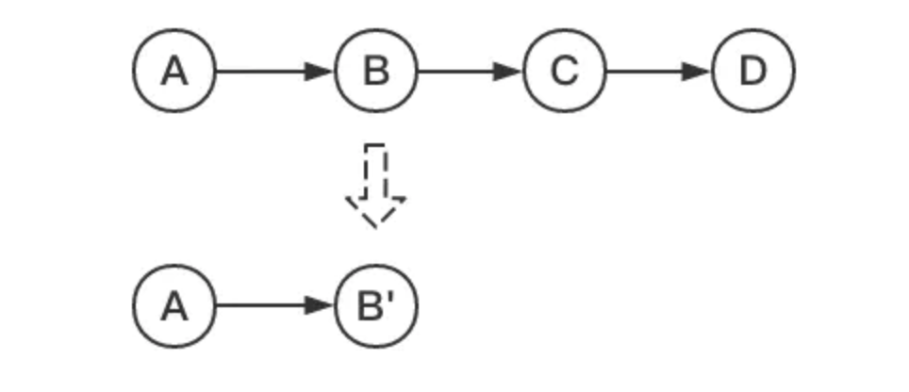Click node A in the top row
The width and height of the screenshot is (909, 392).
[x=174, y=71]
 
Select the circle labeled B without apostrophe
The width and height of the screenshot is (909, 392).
[x=376, y=71]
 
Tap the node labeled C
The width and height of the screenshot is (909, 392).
[x=564, y=71]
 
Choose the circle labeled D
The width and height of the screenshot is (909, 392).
[x=752, y=71]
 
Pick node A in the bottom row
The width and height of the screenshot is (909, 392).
[x=174, y=305]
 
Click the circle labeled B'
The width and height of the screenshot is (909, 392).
[x=376, y=305]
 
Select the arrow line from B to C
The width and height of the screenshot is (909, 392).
[x=462, y=71]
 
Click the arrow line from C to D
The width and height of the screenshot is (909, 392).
[x=651, y=71]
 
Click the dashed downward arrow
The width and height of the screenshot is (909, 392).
[x=375, y=185]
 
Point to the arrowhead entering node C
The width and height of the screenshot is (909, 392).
[x=510, y=71]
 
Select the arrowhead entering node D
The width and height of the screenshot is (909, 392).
[x=699, y=71]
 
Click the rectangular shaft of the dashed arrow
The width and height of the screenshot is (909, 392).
[x=375, y=171]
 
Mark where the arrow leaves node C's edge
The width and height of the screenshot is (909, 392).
[x=606, y=71]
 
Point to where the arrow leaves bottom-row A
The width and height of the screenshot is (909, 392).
[x=217, y=305]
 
